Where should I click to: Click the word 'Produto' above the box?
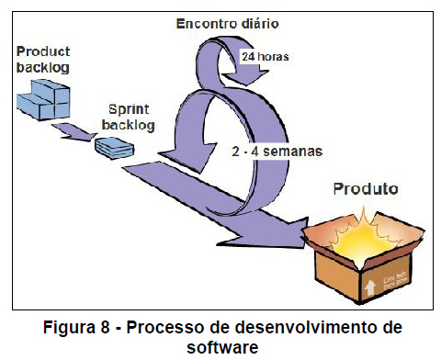point(365,190)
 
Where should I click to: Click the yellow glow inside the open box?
point(363,230)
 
